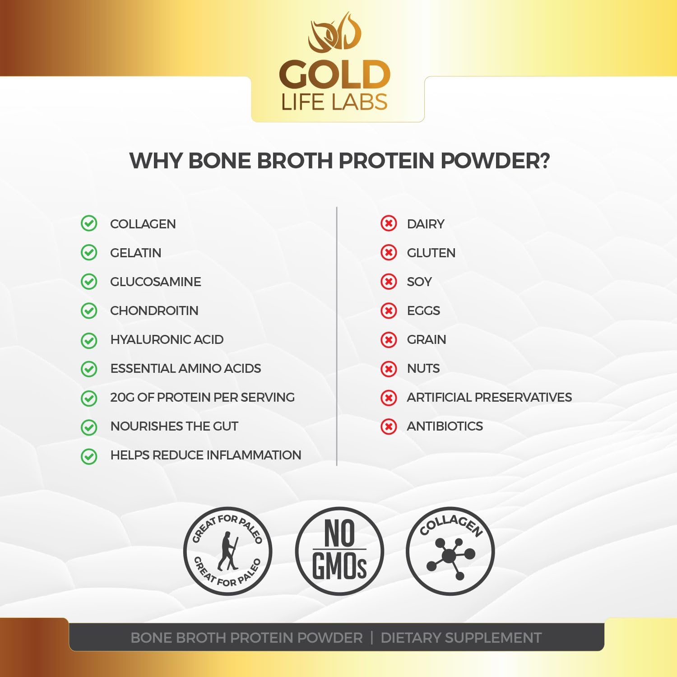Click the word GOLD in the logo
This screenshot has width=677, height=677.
click(x=334, y=75)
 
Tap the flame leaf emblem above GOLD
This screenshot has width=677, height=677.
click(x=334, y=32)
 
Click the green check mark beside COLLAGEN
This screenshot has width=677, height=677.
click(x=89, y=223)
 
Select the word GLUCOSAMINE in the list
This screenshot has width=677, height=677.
click(x=155, y=282)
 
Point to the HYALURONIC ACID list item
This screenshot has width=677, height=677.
click(x=167, y=339)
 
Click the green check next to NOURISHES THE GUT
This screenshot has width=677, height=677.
click(x=89, y=427)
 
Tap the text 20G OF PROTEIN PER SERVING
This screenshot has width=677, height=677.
click(x=202, y=397)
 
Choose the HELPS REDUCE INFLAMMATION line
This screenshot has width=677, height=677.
click(x=205, y=455)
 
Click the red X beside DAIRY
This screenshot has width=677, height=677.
click(x=389, y=223)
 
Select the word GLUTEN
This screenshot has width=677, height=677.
click(x=431, y=253)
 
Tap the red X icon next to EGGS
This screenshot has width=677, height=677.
click(x=389, y=311)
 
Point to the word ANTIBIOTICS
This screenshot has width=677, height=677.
click(x=445, y=426)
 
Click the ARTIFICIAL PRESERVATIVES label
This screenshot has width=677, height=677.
click(x=489, y=397)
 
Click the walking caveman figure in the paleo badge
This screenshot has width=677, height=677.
click(x=228, y=551)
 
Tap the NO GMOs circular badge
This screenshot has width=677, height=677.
click(x=339, y=551)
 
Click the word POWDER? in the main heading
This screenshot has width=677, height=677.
click(x=495, y=161)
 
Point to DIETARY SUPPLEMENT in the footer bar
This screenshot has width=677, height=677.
click(x=461, y=638)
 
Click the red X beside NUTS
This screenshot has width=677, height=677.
click(x=389, y=369)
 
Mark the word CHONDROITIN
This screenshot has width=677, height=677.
click(x=154, y=311)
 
